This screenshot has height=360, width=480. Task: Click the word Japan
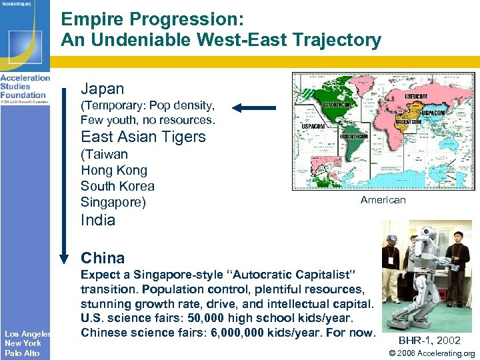(102, 88)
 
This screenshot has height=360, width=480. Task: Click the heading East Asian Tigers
(143, 137)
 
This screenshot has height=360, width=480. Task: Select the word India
(98, 220)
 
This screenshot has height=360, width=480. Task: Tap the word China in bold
(103, 258)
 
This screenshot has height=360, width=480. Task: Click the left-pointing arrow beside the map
(254, 107)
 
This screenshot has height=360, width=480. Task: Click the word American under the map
(383, 199)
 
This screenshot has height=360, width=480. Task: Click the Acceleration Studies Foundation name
(25, 86)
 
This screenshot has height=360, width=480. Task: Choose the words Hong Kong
(113, 170)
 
